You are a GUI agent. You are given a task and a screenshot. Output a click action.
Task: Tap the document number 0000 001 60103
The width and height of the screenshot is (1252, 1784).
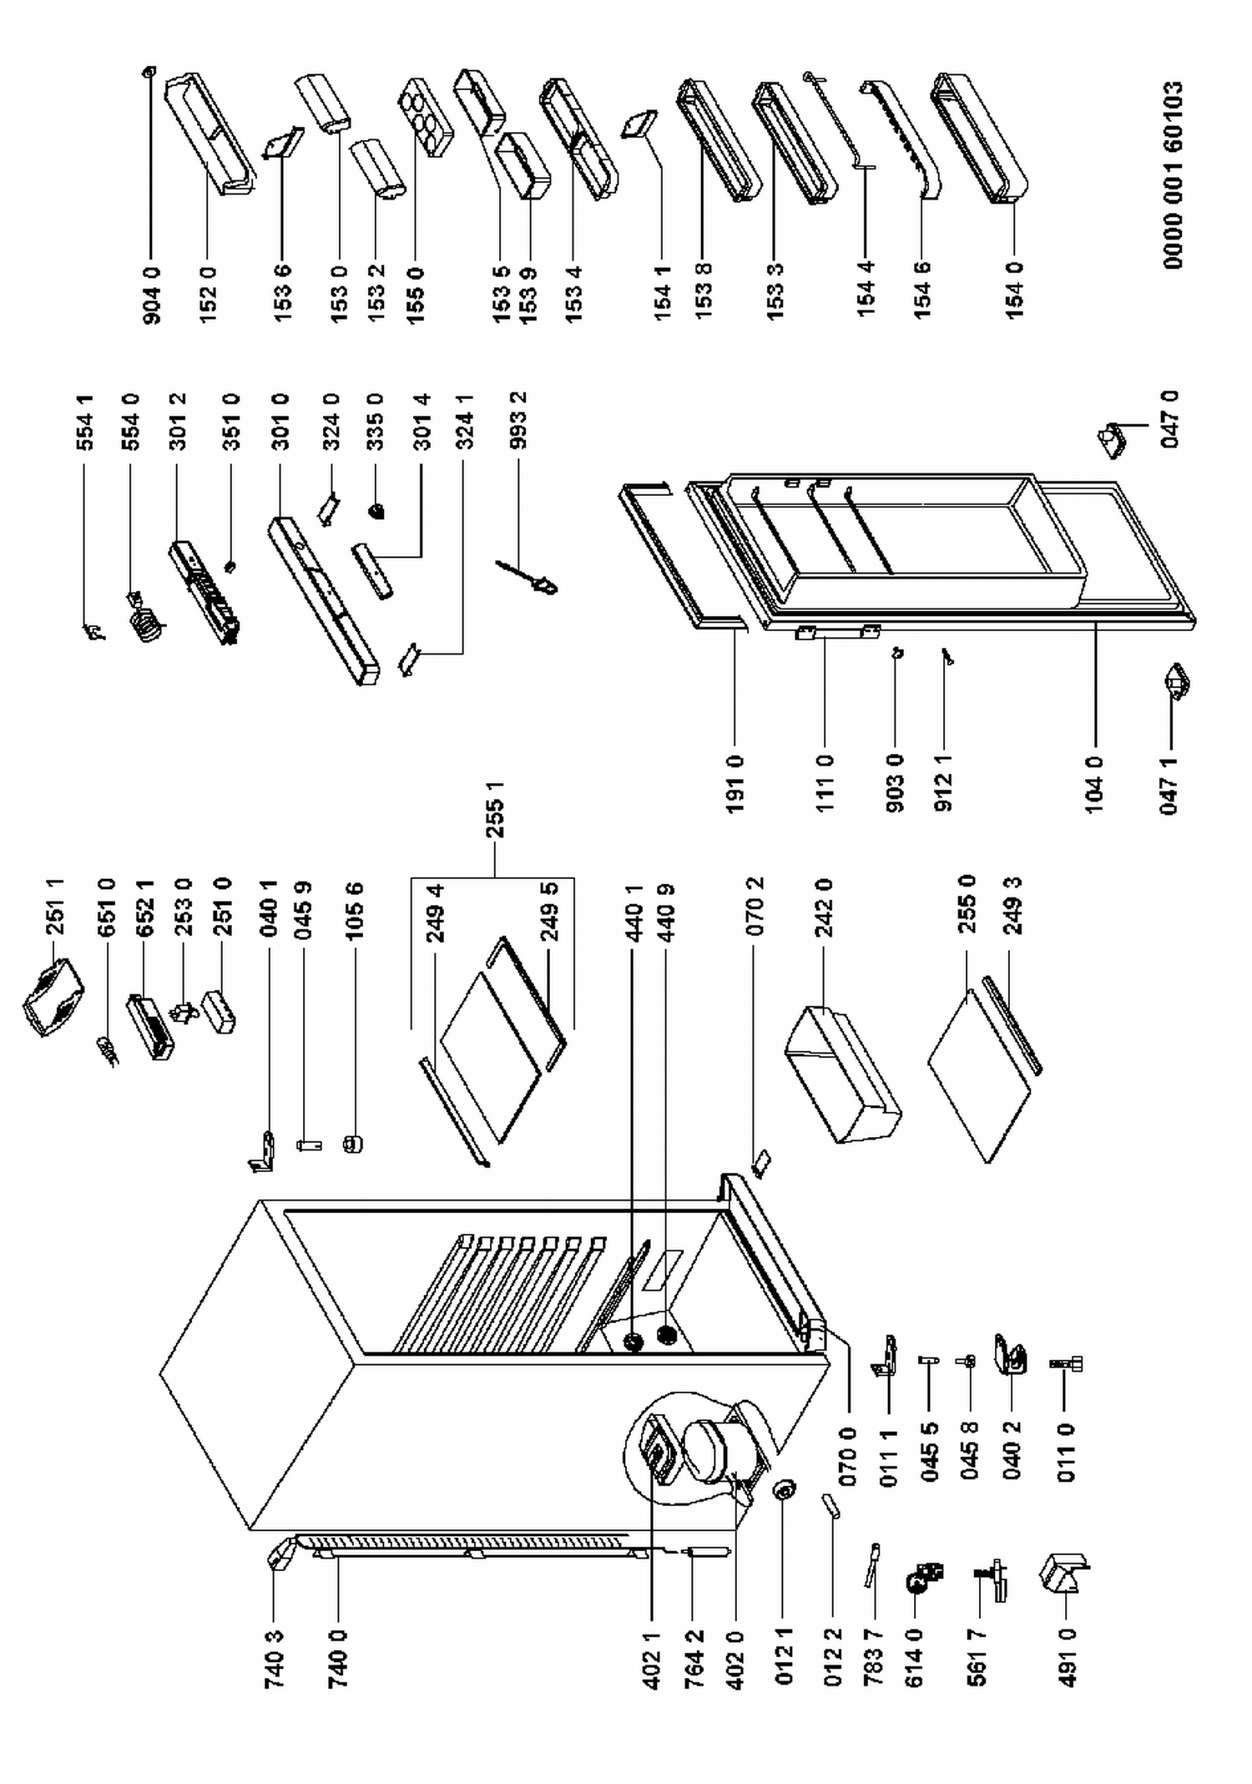1172,174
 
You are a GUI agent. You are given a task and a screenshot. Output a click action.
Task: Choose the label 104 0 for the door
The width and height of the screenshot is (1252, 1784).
1095,784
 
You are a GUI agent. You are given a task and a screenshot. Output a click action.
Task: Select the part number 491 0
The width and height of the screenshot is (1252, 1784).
1068,1657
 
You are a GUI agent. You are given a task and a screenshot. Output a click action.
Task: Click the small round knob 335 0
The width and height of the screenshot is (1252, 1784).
377,511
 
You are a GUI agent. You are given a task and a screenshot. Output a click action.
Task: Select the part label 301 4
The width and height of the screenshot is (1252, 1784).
422,421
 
